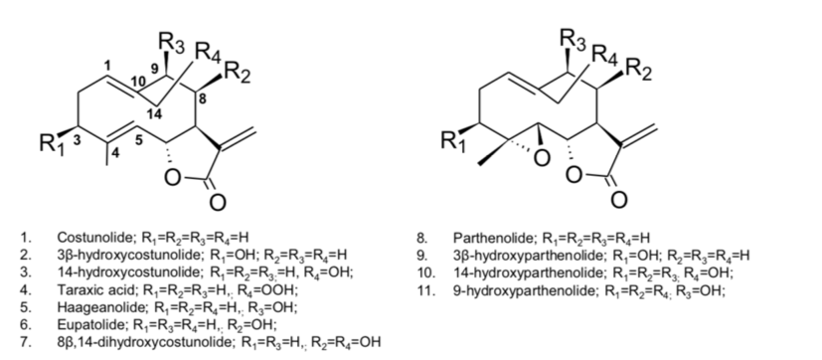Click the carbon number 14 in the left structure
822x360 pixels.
152,115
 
